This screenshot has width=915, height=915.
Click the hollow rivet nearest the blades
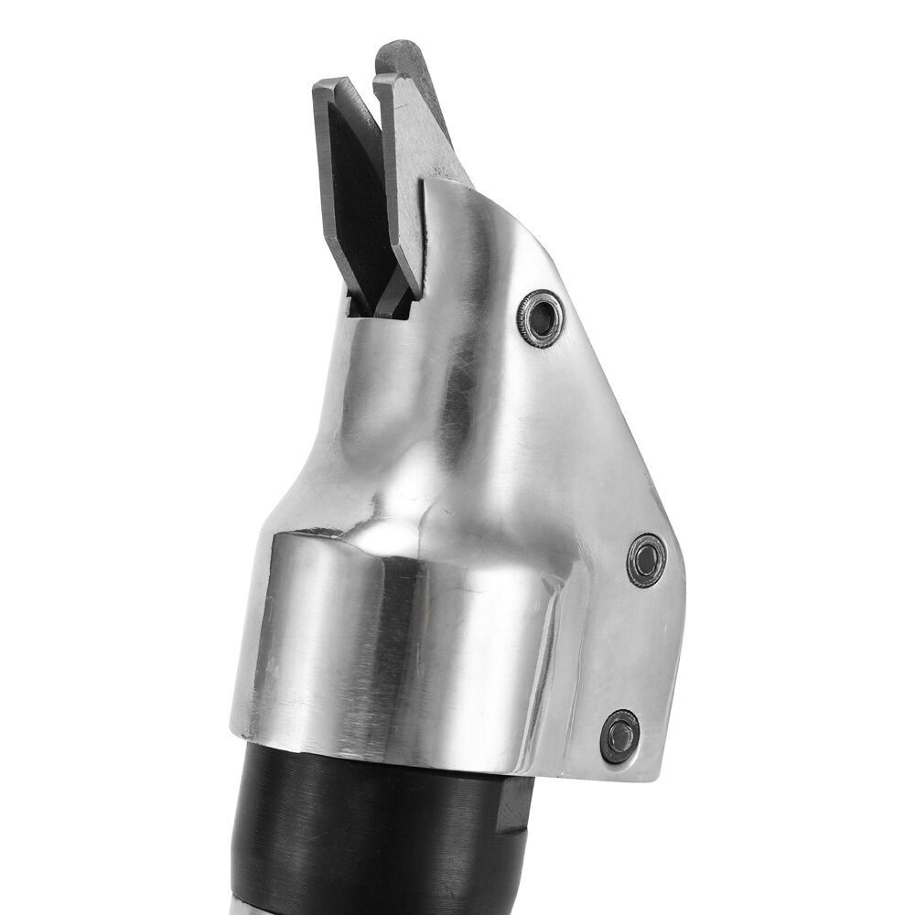pos(540,318)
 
